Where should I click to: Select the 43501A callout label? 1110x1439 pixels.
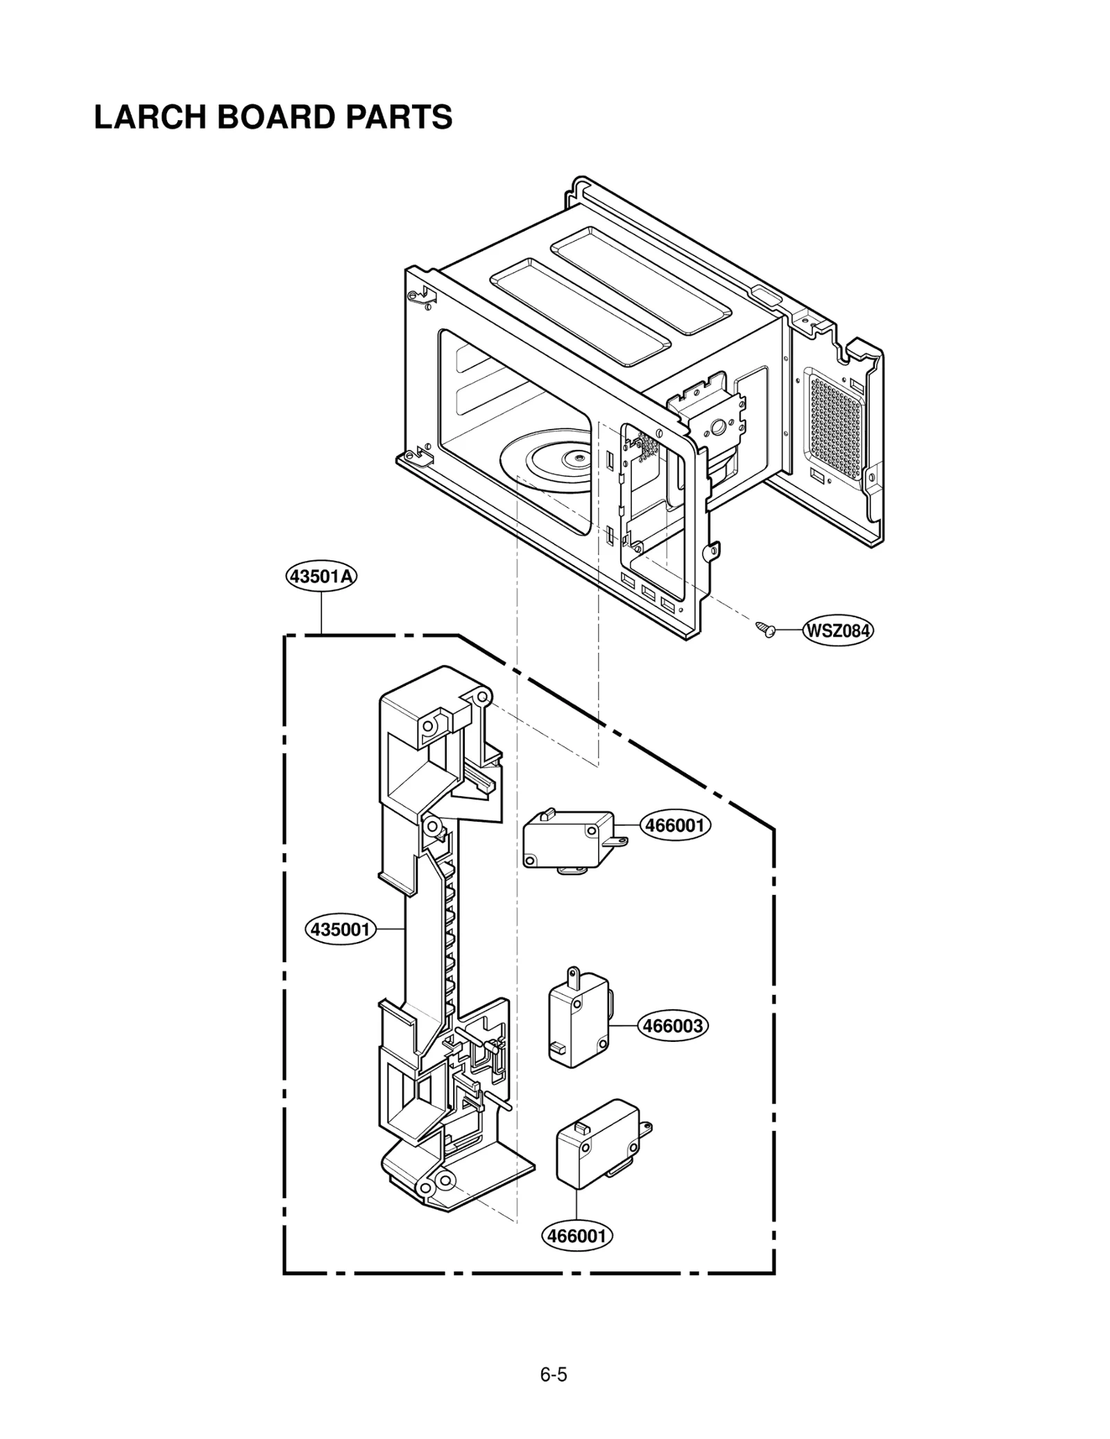[x=321, y=576]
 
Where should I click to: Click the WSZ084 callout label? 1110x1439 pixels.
[x=837, y=631]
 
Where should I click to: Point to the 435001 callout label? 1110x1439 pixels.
[x=340, y=929]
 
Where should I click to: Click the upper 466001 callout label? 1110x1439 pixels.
[x=674, y=825]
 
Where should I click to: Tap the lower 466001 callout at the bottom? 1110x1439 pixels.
[x=577, y=1236]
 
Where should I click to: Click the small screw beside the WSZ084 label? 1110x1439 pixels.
[x=766, y=629]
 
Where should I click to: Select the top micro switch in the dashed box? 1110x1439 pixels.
[x=567, y=841]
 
